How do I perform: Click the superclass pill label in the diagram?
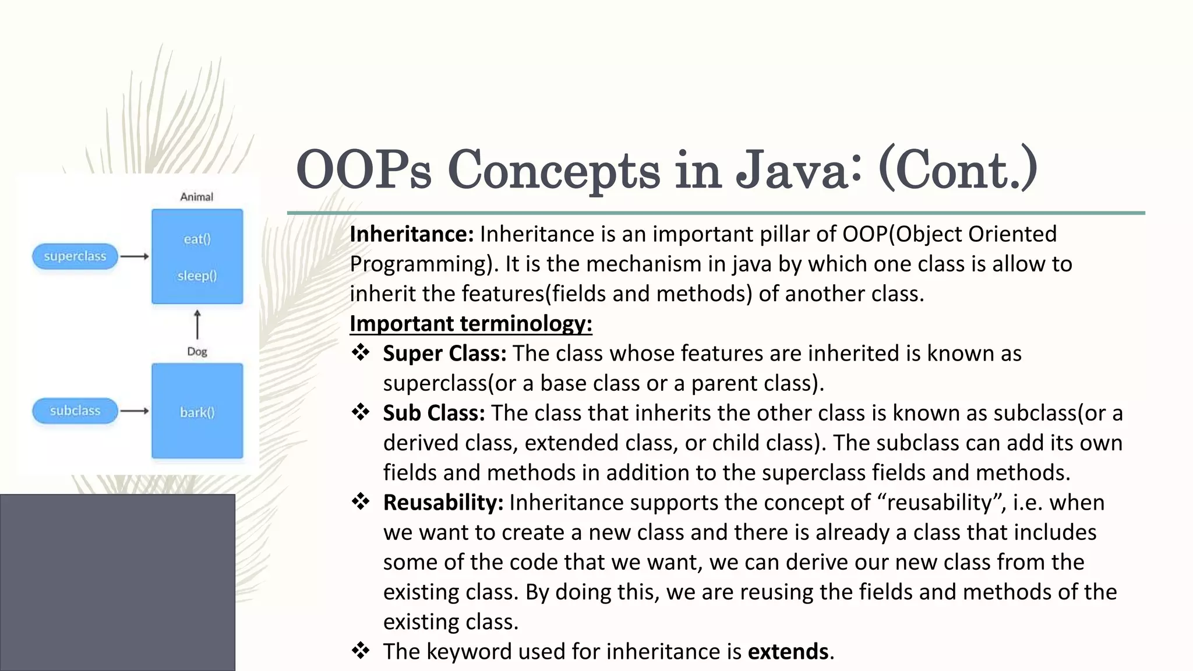(x=75, y=256)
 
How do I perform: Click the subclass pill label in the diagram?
(x=75, y=411)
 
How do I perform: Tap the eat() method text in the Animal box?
(x=197, y=239)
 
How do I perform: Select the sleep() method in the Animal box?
(x=197, y=276)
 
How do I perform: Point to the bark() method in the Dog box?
(x=197, y=412)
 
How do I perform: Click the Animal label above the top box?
(x=197, y=197)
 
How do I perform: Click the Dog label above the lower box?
(x=197, y=351)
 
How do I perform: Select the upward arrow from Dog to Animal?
(x=197, y=324)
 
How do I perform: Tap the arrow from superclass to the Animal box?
(x=135, y=256)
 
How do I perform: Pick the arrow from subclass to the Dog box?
(x=135, y=411)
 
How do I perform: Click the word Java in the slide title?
(x=799, y=169)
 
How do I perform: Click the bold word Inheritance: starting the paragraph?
(x=412, y=234)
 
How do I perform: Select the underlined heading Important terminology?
(x=471, y=323)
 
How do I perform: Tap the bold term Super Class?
(x=444, y=354)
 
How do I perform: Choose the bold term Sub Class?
(x=434, y=413)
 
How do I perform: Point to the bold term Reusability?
(x=443, y=503)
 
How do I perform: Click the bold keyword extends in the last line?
(x=788, y=651)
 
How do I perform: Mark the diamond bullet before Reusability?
(x=361, y=502)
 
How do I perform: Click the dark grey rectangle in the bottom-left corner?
(x=117, y=582)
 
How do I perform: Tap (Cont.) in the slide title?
(x=958, y=169)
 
